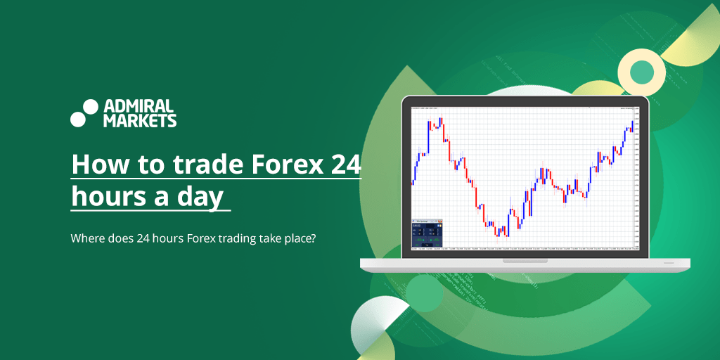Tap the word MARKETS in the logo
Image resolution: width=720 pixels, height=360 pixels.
point(140,121)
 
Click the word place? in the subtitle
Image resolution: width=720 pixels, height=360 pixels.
point(300,239)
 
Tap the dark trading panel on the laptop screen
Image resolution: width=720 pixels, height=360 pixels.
point(427,233)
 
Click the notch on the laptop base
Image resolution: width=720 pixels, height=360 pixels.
point(525,261)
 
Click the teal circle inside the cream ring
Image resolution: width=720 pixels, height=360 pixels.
point(641,71)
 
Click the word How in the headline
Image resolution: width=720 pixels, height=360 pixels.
point(95,165)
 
